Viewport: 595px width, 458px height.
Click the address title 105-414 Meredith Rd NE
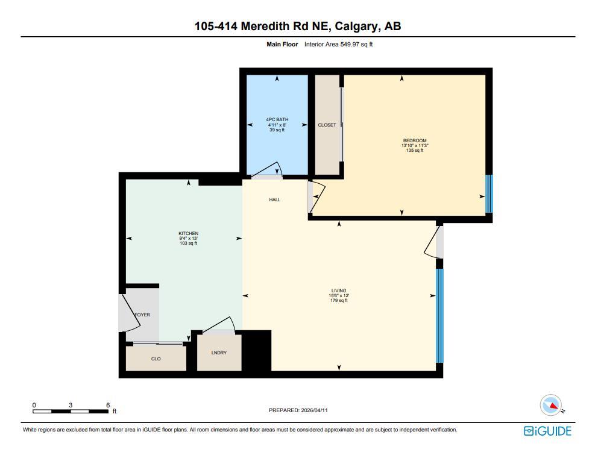click(x=297, y=26)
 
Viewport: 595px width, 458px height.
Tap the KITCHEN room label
click(x=188, y=234)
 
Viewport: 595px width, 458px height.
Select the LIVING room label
click(x=339, y=290)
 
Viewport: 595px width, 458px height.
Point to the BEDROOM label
click(x=415, y=141)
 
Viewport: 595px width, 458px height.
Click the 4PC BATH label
click(x=277, y=120)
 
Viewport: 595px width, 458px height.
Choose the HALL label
click(x=274, y=199)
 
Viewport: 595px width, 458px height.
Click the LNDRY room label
click(x=219, y=353)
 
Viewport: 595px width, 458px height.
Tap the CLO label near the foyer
click(x=156, y=359)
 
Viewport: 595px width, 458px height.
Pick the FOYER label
click(x=142, y=315)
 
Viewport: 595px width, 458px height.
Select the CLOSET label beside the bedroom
click(x=327, y=125)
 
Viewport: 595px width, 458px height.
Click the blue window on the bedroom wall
click(x=489, y=193)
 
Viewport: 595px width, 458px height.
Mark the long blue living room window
click(x=439, y=316)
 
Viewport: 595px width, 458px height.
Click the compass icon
click(x=551, y=404)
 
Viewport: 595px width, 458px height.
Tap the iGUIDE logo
click(x=547, y=430)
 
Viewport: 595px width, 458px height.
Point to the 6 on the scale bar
click(x=108, y=405)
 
